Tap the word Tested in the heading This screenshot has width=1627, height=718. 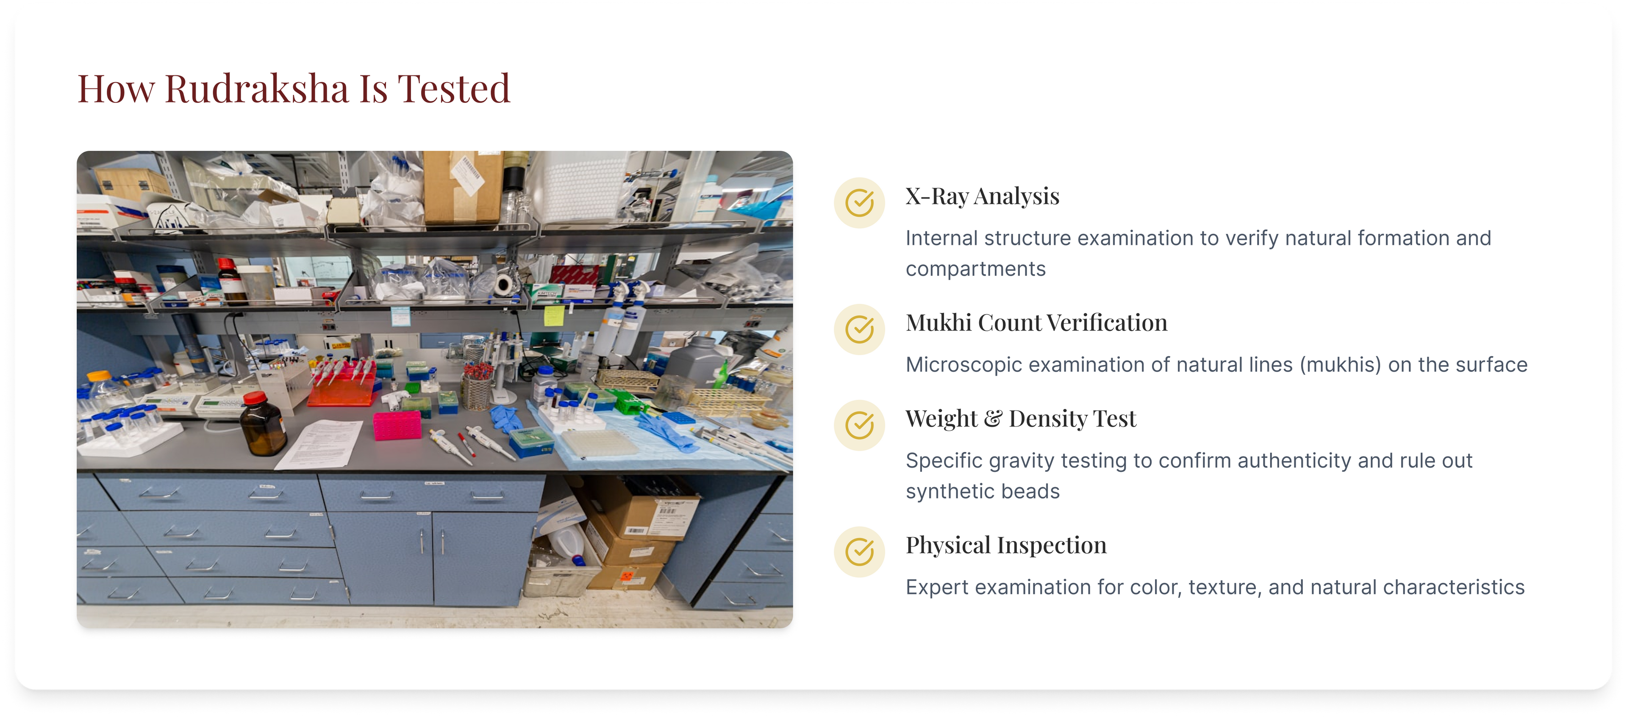(453, 89)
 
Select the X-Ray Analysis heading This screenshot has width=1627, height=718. (982, 197)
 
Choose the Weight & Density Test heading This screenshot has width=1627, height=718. (1021, 419)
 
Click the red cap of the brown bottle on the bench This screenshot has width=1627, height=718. (255, 399)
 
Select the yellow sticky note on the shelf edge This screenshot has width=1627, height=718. (554, 315)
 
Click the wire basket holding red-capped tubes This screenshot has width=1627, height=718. (478, 391)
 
